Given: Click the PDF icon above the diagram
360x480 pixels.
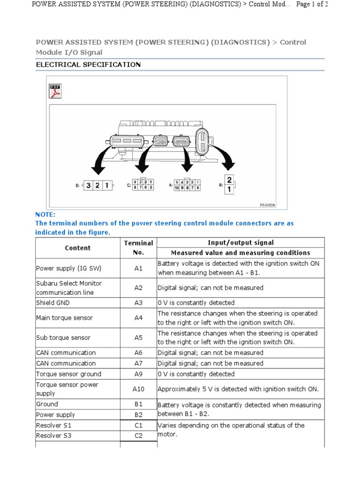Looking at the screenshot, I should tap(55, 91).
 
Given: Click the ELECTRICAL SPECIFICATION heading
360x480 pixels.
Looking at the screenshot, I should tap(88, 65).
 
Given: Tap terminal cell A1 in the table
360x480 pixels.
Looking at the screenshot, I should tap(138, 268).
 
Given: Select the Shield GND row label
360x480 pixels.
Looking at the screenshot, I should tap(52, 303).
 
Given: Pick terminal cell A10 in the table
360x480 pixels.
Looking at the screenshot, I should tap(138, 389).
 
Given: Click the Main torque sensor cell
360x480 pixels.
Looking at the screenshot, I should tap(64, 318).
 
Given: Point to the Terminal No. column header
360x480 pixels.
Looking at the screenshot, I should tap(138, 247).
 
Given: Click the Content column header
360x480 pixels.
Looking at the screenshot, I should tap(78, 247).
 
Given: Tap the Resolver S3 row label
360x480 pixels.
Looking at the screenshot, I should tap(53, 436).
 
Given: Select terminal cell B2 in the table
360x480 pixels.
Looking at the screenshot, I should tap(138, 415).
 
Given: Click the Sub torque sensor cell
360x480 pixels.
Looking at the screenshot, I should tap(63, 337).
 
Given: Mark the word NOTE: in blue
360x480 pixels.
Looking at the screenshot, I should tap(45, 214).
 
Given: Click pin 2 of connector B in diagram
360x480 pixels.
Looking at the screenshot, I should tap(229, 180).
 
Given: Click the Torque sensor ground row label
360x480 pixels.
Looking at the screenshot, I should tap(68, 374).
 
